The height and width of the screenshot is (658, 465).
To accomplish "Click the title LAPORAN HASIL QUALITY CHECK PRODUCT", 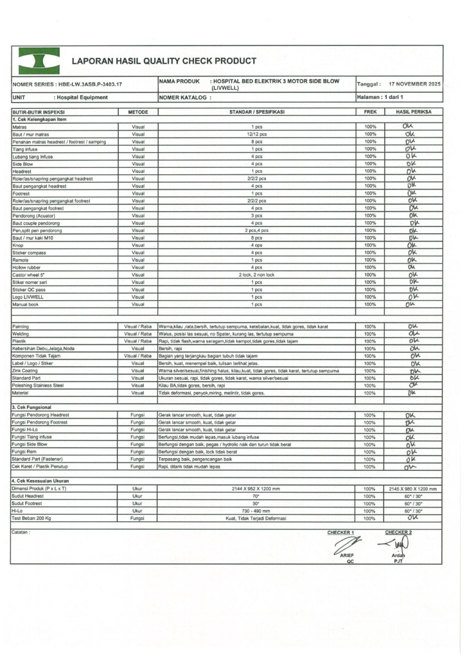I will click(164, 62).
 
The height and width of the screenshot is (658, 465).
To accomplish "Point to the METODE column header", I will click(138, 112).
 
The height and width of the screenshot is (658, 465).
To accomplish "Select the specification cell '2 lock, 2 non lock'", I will click(256, 274).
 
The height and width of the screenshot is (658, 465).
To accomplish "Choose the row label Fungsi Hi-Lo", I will click(26, 429).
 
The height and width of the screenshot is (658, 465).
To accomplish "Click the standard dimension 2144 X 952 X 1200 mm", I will click(256, 489).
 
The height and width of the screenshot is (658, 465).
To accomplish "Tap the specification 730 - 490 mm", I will click(256, 511).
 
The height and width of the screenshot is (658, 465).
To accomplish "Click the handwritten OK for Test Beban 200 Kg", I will click(413, 517).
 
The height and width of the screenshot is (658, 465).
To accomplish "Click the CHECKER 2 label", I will click(398, 532).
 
